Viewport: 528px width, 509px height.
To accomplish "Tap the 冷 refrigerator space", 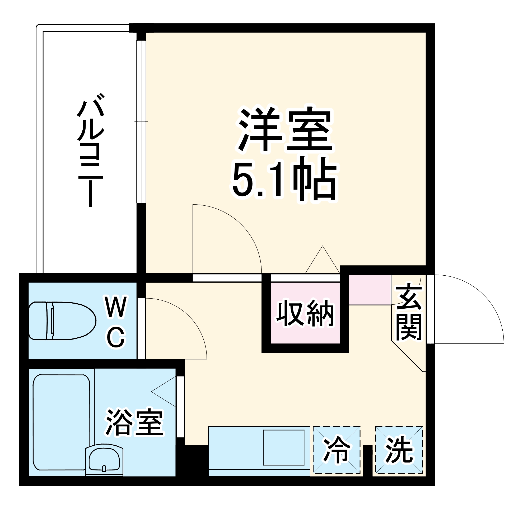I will [337, 450].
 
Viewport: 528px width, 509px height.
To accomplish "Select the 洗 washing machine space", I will [399, 450].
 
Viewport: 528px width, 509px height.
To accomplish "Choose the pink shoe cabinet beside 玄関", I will [370, 290].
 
